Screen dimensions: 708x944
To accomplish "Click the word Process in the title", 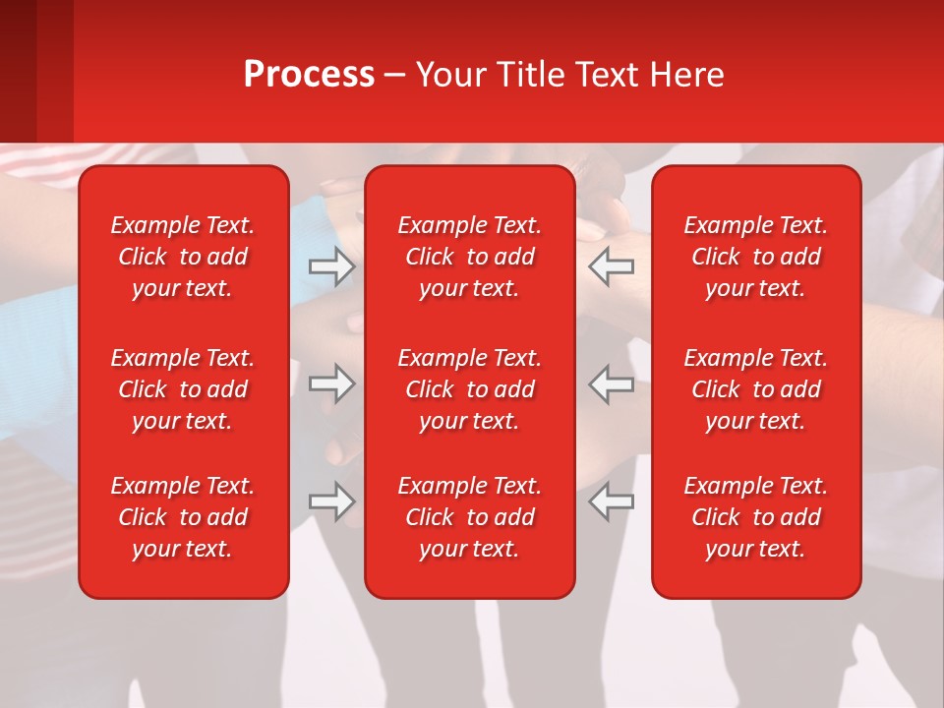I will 309,75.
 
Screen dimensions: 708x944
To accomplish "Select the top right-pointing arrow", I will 331,266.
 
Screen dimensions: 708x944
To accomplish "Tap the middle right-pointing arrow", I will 331,383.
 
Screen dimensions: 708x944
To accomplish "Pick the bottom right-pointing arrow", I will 331,501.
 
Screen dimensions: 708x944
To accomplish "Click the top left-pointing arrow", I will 612,266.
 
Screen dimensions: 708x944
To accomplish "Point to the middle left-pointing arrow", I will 612,383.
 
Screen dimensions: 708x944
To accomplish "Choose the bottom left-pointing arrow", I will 612,501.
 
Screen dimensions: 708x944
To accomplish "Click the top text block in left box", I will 183,257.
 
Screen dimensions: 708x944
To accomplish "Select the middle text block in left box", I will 183,389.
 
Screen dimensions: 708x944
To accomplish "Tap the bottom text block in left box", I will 183,517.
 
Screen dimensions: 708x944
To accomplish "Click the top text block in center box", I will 469,257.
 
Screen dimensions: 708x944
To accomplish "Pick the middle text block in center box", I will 469,389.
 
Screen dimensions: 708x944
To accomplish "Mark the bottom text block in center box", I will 469,517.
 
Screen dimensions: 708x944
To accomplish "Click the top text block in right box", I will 755,257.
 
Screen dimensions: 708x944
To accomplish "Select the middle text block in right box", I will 755,389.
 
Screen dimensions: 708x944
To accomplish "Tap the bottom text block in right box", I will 755,517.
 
